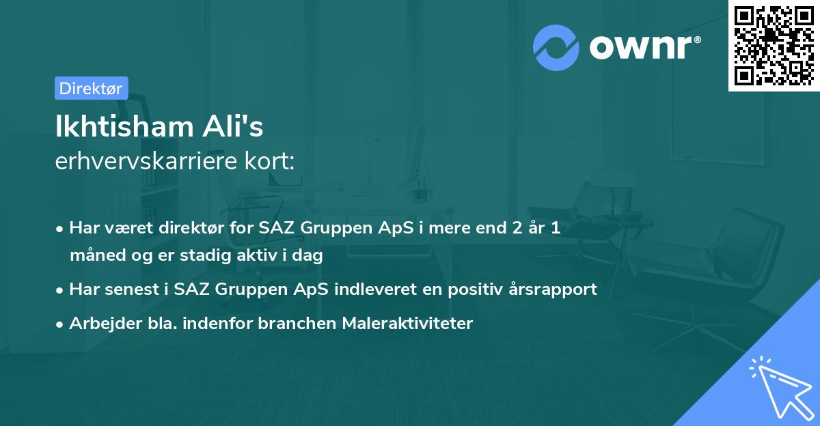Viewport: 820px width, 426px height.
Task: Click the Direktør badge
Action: [91, 88]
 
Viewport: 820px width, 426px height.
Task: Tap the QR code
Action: [773, 45]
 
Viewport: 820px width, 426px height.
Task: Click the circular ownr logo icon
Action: [556, 47]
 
